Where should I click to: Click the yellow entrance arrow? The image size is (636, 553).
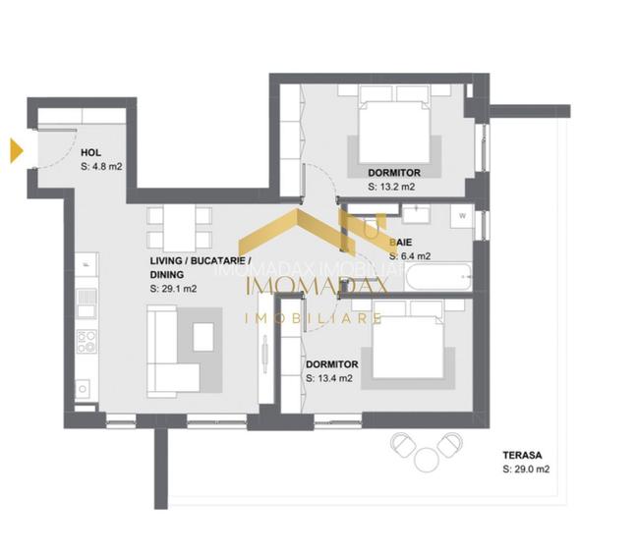coord(16,150)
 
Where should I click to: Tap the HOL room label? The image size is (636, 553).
coord(90,152)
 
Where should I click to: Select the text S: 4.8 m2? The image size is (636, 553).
coord(101,167)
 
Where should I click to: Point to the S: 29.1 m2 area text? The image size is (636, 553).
coord(175,290)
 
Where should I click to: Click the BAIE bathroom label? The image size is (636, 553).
coord(400,241)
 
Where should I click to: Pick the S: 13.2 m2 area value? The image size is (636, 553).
coord(391,185)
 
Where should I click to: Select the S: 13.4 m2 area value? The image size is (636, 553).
coord(329,378)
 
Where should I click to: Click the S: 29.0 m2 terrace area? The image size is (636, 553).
coord(525,470)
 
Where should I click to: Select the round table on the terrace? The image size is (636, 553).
coord(426,459)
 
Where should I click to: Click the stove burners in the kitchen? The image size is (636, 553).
coord(87,341)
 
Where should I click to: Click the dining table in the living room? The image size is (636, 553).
coord(179,227)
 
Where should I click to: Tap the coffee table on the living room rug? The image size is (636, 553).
coord(203,337)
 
